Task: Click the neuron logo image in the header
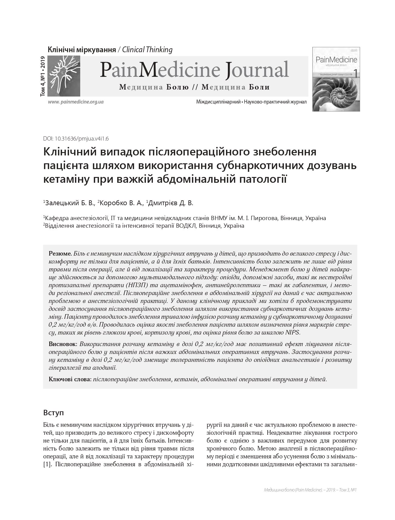tap(64, 76)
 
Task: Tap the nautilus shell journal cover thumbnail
tap(336, 79)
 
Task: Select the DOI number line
tap(76, 139)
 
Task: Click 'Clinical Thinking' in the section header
tap(147, 50)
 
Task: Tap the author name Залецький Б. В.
tap(70, 203)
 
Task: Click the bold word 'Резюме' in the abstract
tap(60, 253)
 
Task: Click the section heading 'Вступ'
tap(54, 413)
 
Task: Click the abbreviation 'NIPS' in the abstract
tap(292, 333)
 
